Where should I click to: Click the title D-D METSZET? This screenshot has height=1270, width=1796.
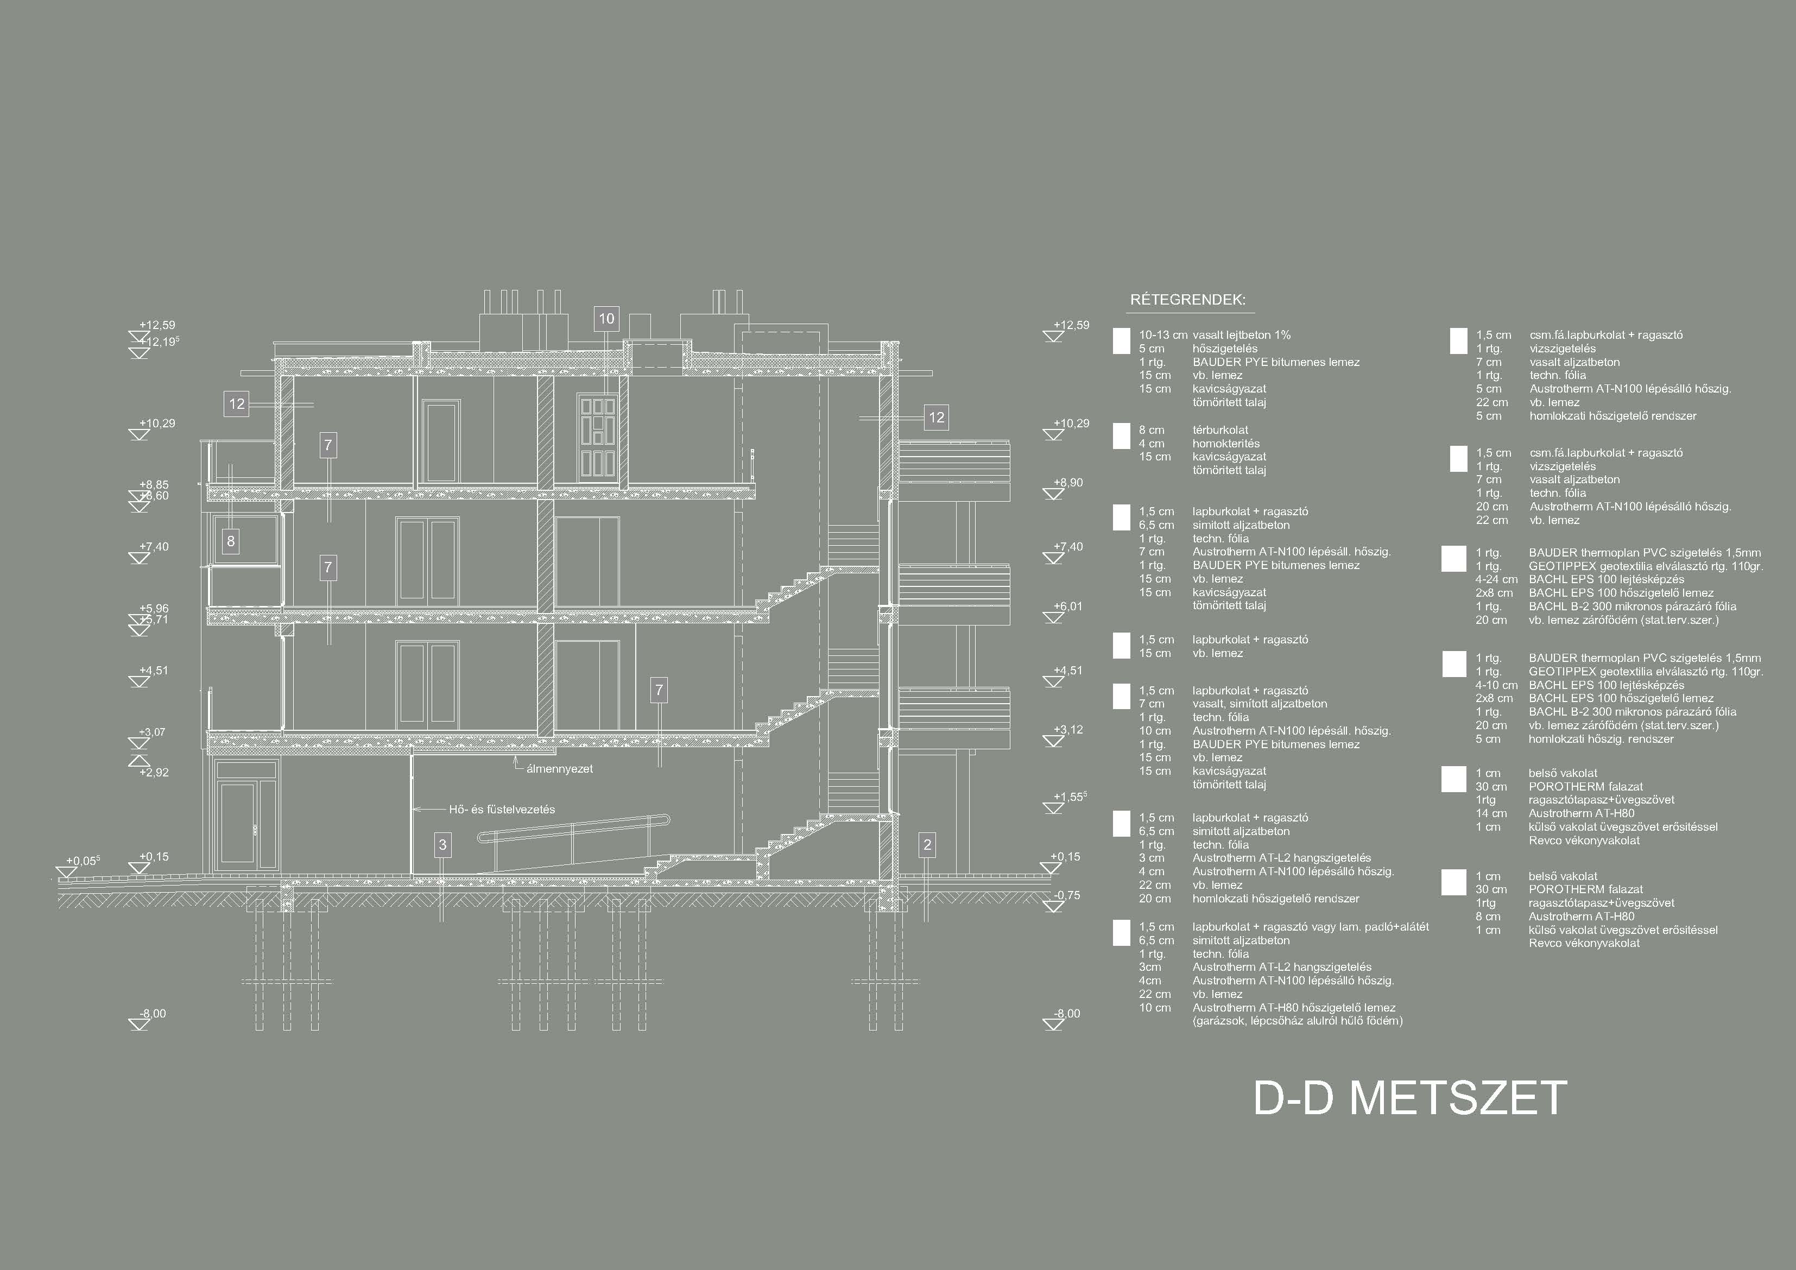click(1409, 1098)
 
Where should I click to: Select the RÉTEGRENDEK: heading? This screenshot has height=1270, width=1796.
click(1187, 300)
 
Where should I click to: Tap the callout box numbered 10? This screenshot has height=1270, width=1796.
click(606, 319)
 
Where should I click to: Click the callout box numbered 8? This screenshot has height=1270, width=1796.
click(230, 541)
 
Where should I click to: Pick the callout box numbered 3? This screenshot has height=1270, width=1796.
click(442, 844)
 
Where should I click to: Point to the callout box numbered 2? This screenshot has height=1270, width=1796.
click(928, 844)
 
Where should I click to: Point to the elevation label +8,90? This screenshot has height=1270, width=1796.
click(1068, 483)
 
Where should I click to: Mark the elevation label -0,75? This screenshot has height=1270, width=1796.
click(1066, 895)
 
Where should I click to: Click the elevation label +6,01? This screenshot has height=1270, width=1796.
click(1068, 606)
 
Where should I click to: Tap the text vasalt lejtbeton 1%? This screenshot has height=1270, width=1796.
click(1241, 335)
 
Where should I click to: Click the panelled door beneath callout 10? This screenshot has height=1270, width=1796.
click(598, 438)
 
